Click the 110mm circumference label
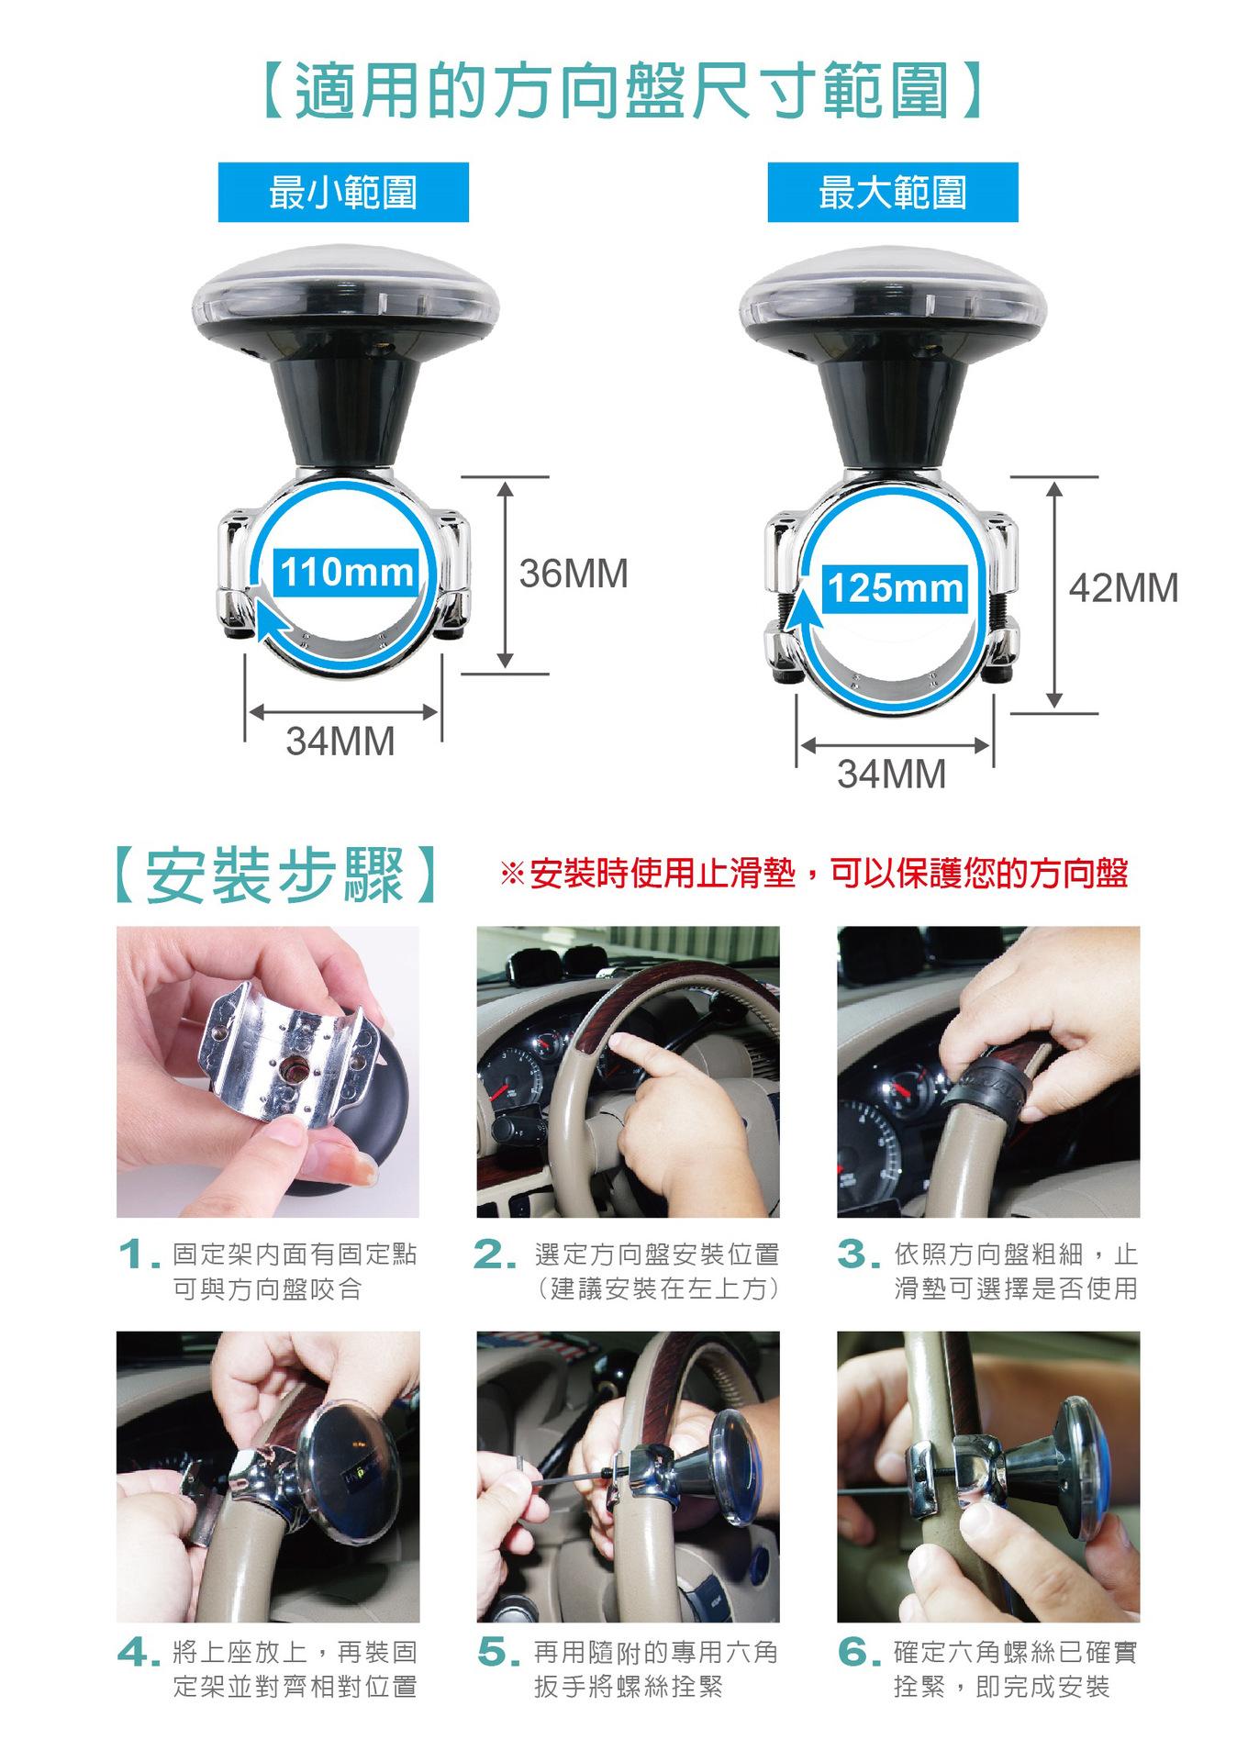pyautogui.click(x=347, y=573)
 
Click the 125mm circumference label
pyautogui.click(x=895, y=588)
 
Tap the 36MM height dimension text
pyautogui.click(x=574, y=574)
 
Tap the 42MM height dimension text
pyautogui.click(x=1124, y=588)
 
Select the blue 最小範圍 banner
pyautogui.click(x=343, y=193)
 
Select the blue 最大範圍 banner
pyautogui.click(x=893, y=193)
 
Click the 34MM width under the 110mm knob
pyautogui.click(x=340, y=742)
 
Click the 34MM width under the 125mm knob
pyautogui.click(x=891, y=775)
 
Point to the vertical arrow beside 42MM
pyautogui.click(x=1054, y=595)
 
